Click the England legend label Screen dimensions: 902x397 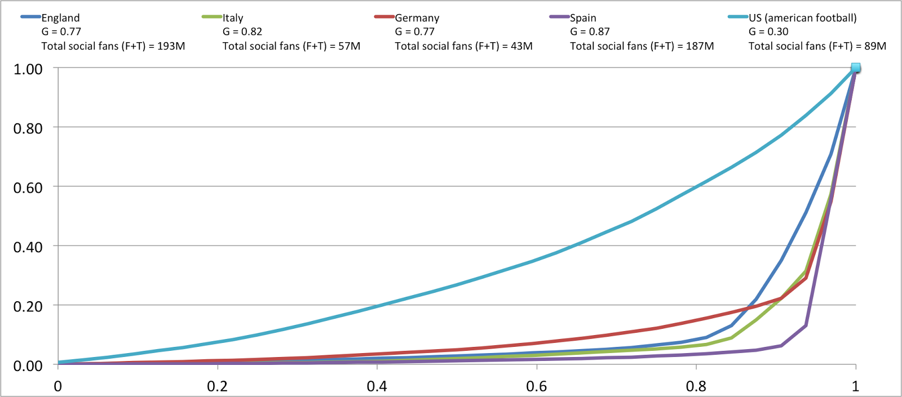tap(60, 18)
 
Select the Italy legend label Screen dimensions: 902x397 tap(233, 18)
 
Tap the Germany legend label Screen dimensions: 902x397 tap(417, 18)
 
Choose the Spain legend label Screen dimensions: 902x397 tap(583, 18)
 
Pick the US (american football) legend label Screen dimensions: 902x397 tap(803, 18)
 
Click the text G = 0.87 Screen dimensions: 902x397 tap(590, 32)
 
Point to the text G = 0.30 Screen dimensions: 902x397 tap(768, 32)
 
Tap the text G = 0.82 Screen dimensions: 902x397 tap(242, 32)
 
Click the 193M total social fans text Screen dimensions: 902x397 tap(113, 46)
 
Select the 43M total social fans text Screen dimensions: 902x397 tap(463, 46)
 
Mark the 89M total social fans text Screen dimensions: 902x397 tap(817, 46)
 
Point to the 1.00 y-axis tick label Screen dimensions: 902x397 tap(28, 69)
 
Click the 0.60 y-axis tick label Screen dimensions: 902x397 tap(28, 188)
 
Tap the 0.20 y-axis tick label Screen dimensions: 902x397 tap(28, 307)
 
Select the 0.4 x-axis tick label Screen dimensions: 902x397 tap(377, 386)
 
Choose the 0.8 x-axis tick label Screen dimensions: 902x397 tap(696, 386)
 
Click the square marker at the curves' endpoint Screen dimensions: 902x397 tap(856, 68)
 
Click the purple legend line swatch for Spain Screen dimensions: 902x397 tap(559, 17)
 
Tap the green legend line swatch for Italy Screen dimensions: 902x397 tap(212, 17)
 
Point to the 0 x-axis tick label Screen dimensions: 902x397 tap(58, 386)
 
